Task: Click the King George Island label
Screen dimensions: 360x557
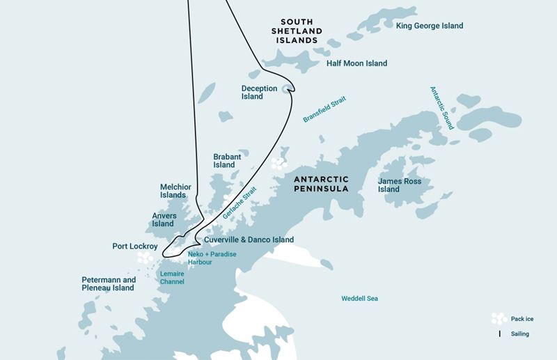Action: (429, 26)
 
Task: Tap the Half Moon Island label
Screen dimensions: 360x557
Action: (356, 63)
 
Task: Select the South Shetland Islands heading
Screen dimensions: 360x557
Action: (297, 31)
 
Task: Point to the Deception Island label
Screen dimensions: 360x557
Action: (259, 92)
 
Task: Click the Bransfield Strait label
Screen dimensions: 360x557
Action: (324, 109)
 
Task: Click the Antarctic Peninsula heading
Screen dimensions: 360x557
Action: (321, 184)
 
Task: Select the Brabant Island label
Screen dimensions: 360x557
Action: (227, 161)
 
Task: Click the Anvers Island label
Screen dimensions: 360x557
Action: (164, 219)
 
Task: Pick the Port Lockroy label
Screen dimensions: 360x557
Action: (135, 246)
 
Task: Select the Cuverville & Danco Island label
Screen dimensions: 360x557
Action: (249, 240)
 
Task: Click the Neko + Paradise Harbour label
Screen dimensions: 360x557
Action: (212, 258)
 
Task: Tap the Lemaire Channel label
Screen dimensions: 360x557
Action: (172, 278)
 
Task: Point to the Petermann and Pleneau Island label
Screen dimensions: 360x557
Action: (108, 283)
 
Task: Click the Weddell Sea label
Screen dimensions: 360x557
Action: (359, 299)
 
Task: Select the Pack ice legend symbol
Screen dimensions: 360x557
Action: (499, 319)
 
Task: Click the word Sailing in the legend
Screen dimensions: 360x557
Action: (519, 334)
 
